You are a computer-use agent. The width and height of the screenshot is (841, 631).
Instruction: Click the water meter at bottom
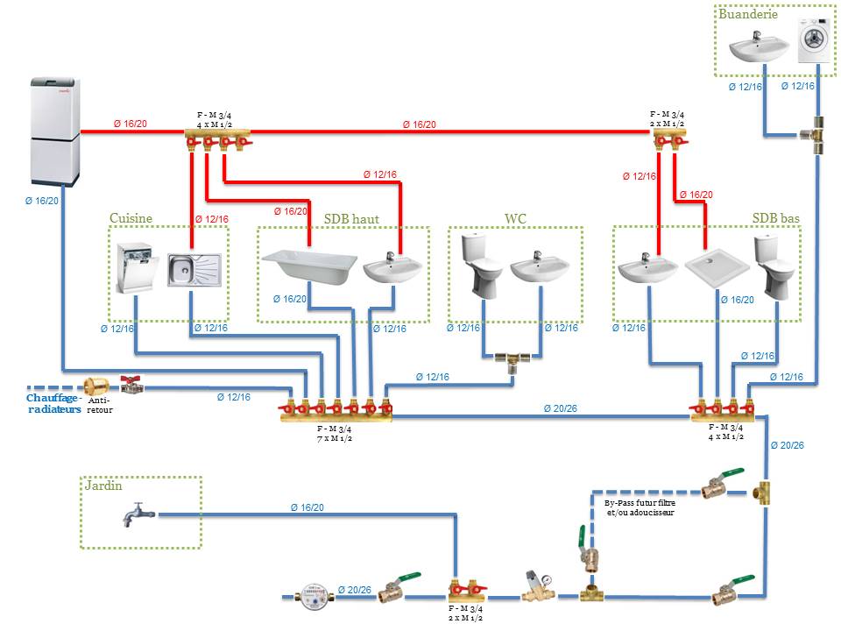point(312,597)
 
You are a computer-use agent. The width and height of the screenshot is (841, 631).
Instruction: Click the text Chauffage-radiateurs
point(54,402)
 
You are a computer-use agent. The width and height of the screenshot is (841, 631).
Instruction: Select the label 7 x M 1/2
point(334,437)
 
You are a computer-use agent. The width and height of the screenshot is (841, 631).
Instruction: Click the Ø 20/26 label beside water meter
point(354,589)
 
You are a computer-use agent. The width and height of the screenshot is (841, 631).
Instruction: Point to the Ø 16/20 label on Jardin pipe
point(307,507)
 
